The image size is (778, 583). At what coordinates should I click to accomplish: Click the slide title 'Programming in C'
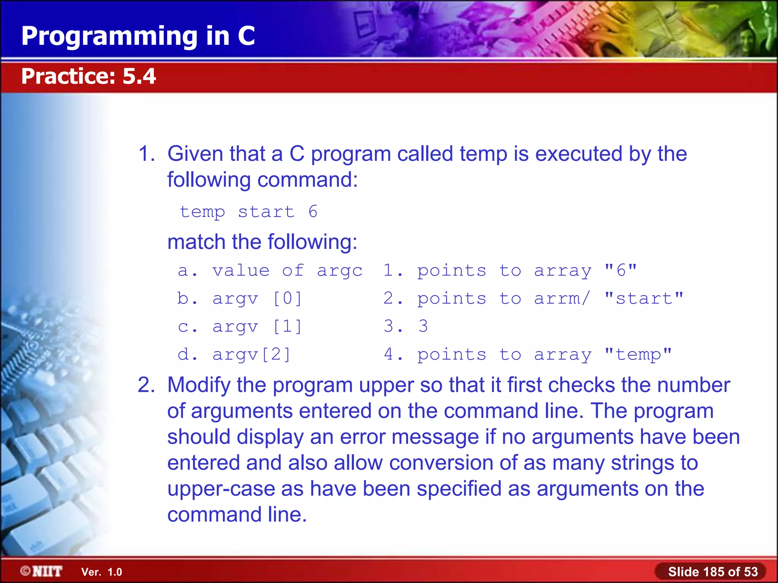click(x=138, y=36)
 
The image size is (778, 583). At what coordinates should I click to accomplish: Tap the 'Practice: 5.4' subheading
click(x=89, y=76)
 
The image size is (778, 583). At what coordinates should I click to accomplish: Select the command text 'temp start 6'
click(x=248, y=212)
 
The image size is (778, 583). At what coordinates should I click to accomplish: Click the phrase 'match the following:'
click(x=262, y=242)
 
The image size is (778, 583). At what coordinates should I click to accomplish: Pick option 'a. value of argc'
click(x=270, y=271)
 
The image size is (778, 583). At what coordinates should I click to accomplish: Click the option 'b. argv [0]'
click(x=240, y=298)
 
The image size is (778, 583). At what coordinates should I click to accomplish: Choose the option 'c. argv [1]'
click(x=240, y=326)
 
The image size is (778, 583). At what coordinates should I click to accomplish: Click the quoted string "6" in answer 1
click(x=621, y=270)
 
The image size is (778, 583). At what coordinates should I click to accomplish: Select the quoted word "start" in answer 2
click(x=644, y=298)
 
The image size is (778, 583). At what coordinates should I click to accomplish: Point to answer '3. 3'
click(x=406, y=326)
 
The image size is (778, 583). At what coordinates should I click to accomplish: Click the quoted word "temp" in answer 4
click(x=638, y=355)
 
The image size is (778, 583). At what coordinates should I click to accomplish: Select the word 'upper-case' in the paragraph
click(x=221, y=488)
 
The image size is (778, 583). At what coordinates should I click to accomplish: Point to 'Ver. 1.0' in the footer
click(x=101, y=572)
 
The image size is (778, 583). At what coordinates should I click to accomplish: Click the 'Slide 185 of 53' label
click(x=713, y=572)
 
